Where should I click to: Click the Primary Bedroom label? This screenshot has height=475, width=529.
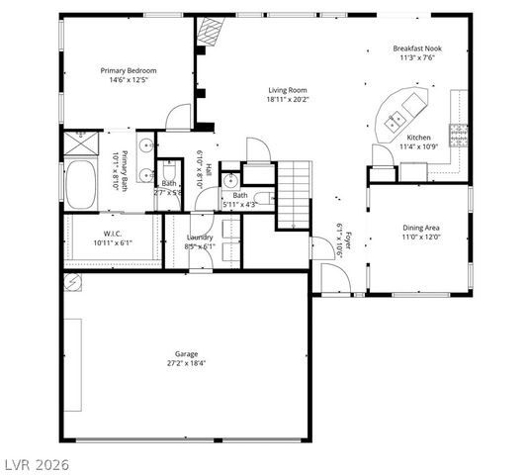tap(129, 71)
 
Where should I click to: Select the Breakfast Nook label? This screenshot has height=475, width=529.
tap(415, 48)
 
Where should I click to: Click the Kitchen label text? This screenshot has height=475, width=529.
tap(418, 138)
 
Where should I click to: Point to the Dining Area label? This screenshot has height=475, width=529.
tap(420, 228)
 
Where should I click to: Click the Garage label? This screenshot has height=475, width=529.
tap(186, 353)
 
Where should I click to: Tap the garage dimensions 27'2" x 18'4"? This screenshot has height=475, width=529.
tap(186, 363)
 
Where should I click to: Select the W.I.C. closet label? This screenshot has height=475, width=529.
tap(111, 234)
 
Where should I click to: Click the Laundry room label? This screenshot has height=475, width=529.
tap(201, 237)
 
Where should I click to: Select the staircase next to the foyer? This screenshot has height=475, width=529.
tap(293, 194)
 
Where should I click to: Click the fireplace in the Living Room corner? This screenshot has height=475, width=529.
tap(209, 32)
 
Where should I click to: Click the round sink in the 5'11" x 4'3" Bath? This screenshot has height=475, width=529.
tap(230, 180)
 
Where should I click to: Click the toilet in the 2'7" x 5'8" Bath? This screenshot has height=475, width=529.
tap(169, 166)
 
